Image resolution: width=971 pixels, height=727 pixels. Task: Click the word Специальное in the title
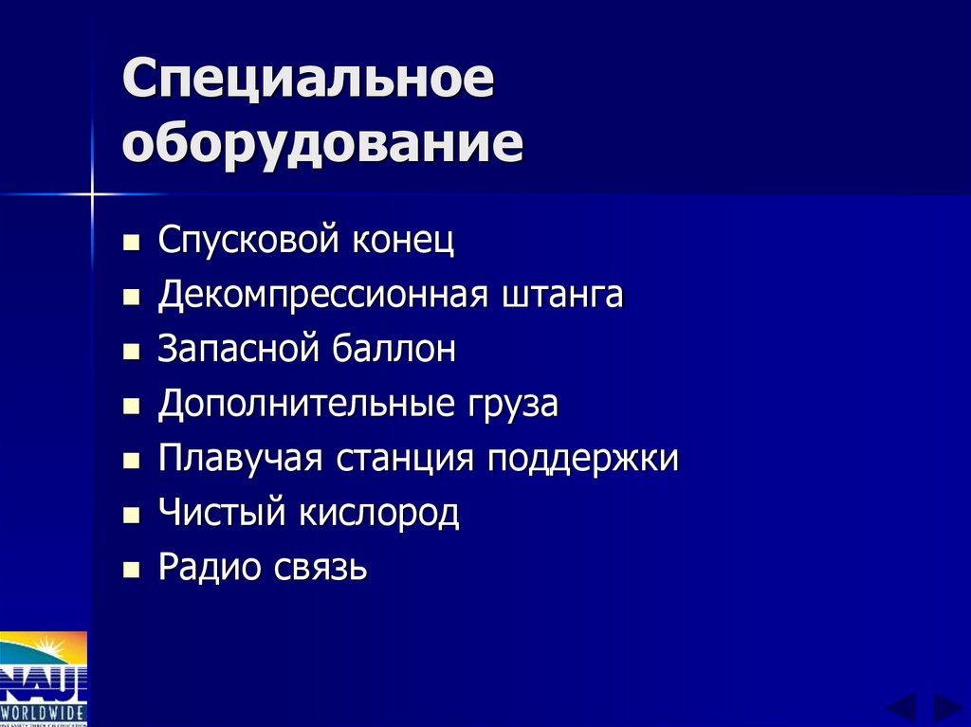308,83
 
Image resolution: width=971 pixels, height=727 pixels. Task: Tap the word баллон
393,350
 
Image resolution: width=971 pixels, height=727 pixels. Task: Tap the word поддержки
583,461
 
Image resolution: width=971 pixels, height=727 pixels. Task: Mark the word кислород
380,514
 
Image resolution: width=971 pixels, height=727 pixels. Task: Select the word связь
319,569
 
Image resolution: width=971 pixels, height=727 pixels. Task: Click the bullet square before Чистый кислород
132,517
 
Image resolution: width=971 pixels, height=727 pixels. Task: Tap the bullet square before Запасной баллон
132,353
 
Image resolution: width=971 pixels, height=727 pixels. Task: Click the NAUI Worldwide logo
44,679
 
